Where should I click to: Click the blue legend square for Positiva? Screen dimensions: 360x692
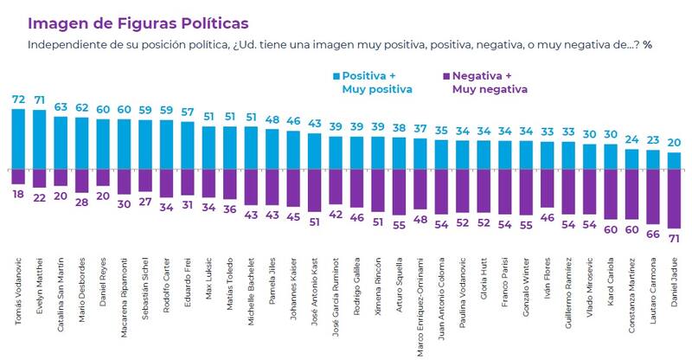(x=336, y=76)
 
